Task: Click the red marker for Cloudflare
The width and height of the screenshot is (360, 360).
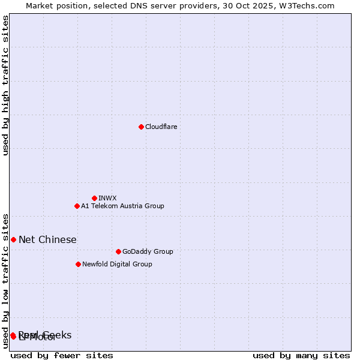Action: (141, 127)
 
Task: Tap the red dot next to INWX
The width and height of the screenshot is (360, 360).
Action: (94, 198)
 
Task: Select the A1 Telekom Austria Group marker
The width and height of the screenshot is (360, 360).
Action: (77, 206)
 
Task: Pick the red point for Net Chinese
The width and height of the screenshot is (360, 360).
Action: (13, 239)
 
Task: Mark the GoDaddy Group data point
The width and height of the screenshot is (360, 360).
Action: (118, 251)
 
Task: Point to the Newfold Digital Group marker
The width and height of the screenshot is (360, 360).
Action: (78, 264)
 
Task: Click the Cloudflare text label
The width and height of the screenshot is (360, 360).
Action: (161, 127)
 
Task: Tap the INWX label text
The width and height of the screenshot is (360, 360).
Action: (107, 198)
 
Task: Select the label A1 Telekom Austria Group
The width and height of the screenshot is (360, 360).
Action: (122, 206)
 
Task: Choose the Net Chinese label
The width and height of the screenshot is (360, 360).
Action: (47, 239)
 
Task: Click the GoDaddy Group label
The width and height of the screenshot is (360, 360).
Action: (148, 251)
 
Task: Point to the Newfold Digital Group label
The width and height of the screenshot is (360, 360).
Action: (117, 264)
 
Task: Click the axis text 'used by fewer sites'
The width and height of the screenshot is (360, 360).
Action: (62, 355)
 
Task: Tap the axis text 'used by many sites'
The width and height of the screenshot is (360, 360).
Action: (301, 355)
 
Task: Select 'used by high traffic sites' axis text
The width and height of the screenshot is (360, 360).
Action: (6, 85)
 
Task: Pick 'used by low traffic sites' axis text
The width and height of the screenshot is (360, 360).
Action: (6, 280)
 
